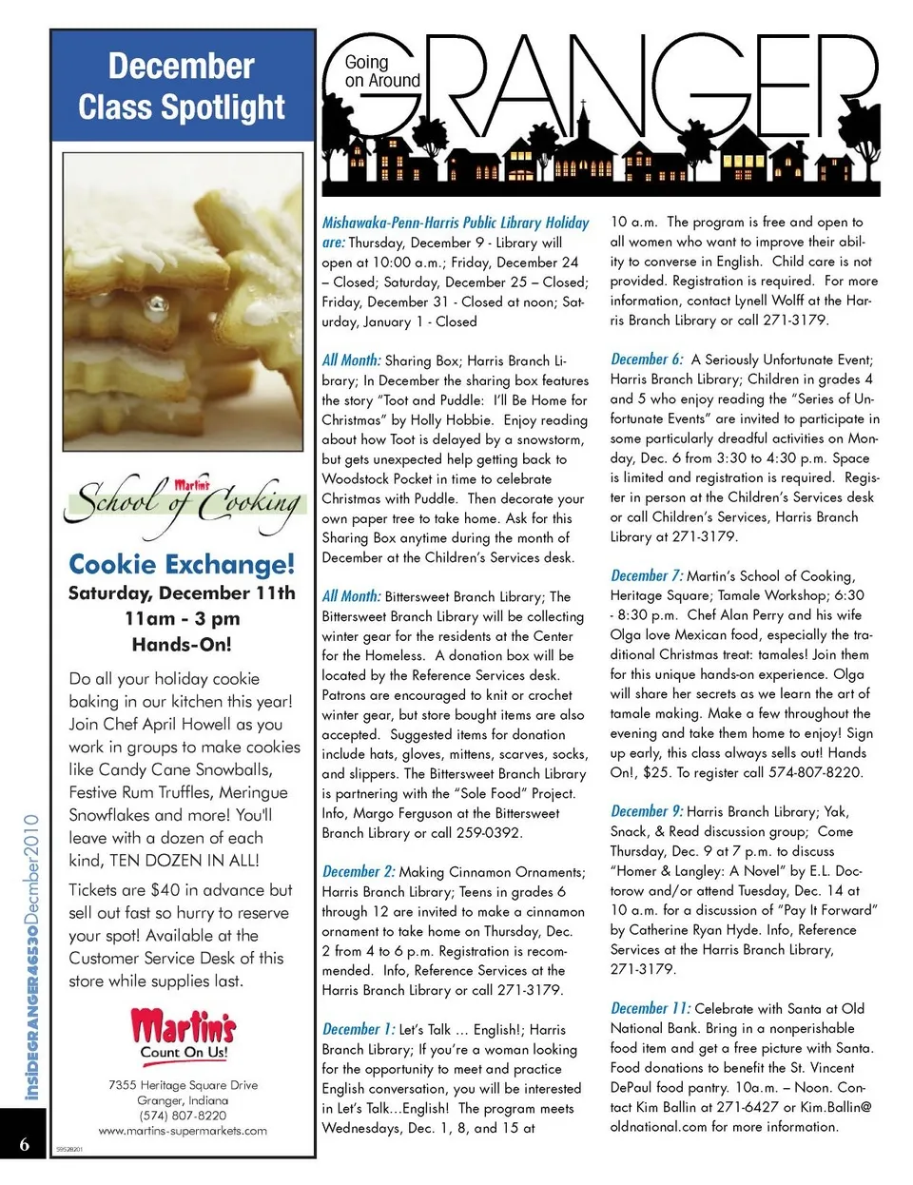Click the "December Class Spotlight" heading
coord(182,87)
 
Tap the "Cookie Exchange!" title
coord(182,565)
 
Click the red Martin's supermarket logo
coord(184,1027)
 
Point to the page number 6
coord(24,1144)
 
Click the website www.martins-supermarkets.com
coord(183,1131)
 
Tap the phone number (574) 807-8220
coord(183,1116)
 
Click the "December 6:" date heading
coord(647,359)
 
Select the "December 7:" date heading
coord(647,575)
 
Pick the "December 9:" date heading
coord(647,811)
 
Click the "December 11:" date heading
coord(651,1008)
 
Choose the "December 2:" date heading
coord(359,871)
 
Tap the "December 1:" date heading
coord(359,1029)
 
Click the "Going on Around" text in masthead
coord(381,71)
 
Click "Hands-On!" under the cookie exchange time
coord(182,644)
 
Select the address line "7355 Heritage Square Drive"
coord(183,1085)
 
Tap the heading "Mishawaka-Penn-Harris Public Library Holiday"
coord(456,223)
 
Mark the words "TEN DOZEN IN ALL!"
coord(184,861)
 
